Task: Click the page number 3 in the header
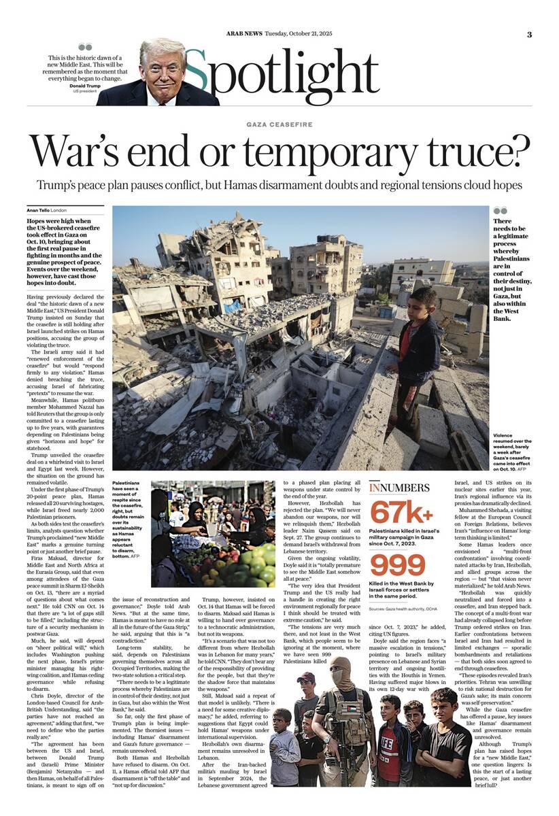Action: point(529,35)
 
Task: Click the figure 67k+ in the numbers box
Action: point(396,512)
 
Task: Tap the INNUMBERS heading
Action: point(399,488)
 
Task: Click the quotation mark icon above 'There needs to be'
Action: point(501,211)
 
